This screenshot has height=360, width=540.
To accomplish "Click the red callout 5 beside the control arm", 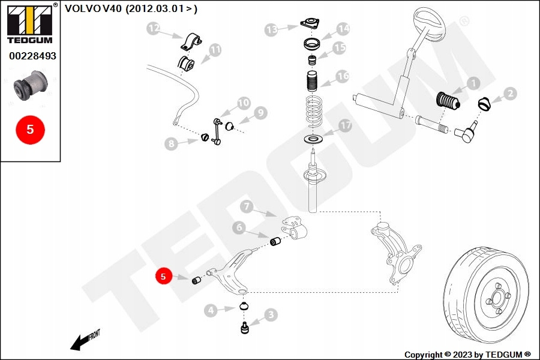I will [163, 276].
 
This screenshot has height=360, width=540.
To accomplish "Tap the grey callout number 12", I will [154, 28].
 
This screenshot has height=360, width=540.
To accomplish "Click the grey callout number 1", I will [473, 84].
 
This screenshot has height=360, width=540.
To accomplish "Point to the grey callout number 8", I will [172, 143].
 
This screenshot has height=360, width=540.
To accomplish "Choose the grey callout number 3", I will [271, 314].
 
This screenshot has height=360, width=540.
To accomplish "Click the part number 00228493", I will [32, 56].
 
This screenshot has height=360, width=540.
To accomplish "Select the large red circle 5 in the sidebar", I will [31, 129].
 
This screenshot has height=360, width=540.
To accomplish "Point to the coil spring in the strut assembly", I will [311, 110].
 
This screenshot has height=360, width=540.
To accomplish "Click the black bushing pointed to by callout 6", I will [277, 242].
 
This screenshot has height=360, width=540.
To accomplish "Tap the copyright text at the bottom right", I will [467, 354].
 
